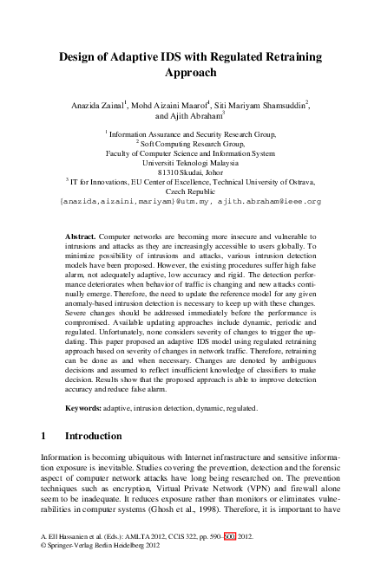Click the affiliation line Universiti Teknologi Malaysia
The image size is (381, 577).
click(x=190, y=162)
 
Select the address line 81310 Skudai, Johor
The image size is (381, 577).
click(x=190, y=172)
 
